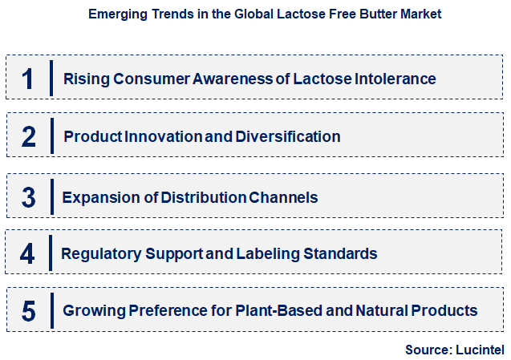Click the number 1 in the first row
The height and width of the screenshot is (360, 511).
coord(28,79)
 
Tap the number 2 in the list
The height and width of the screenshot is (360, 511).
coord(28,136)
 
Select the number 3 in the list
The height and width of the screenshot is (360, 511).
coord(28,197)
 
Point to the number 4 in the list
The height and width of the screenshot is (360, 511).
coord(28,254)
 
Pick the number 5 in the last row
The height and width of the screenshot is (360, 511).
coord(28,310)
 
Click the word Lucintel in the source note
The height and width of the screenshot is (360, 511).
coord(479,350)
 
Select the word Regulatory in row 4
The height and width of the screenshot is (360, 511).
coord(99,254)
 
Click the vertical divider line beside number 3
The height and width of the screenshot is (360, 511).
coord(52,197)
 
